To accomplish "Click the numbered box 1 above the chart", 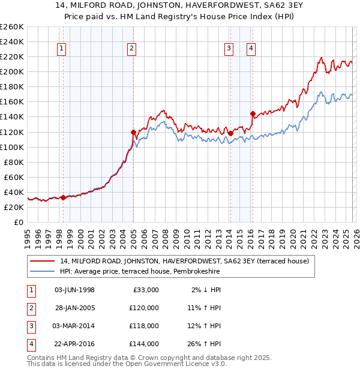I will pyautogui.click(x=62, y=49).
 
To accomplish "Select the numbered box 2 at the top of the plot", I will pyautogui.click(x=131, y=49).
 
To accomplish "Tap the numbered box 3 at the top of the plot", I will pyautogui.click(x=229, y=49).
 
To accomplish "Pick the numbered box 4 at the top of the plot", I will pyautogui.click(x=251, y=49).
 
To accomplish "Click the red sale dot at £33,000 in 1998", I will pyautogui.click(x=63, y=197).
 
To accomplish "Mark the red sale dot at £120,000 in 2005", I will pyautogui.click(x=133, y=131).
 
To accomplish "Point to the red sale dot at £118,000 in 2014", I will pyautogui.click(x=230, y=133).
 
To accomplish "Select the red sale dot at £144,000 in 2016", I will pyautogui.click(x=253, y=113).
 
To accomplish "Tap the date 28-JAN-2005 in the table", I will pyautogui.click(x=74, y=307).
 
